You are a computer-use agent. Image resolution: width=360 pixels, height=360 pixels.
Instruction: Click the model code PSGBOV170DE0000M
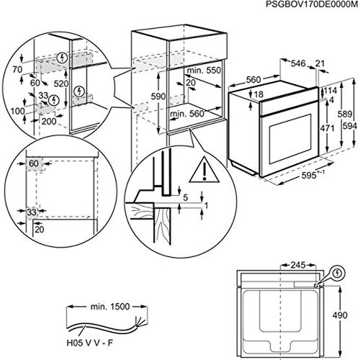click(312, 4)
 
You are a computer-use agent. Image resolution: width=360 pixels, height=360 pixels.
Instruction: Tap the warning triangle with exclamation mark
click(204, 169)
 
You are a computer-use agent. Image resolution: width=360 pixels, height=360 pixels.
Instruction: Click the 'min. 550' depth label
click(204, 71)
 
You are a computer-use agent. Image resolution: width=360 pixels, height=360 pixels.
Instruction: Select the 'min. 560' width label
click(187, 114)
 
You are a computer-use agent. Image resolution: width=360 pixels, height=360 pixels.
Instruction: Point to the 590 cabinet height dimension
click(158, 96)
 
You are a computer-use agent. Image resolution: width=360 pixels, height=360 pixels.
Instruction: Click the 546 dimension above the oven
click(298, 63)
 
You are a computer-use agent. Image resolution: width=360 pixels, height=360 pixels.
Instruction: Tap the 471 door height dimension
click(327, 128)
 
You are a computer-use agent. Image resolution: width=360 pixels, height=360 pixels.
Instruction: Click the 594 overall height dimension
click(350, 126)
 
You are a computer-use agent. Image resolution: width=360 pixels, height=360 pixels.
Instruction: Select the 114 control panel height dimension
click(330, 91)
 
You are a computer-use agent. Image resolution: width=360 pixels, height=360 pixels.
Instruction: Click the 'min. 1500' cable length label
click(110, 307)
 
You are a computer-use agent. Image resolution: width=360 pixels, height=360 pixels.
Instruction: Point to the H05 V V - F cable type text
click(89, 343)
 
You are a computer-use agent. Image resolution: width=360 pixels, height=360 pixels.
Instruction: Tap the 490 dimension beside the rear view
click(340, 315)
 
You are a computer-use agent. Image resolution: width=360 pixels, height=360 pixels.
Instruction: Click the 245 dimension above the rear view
click(298, 265)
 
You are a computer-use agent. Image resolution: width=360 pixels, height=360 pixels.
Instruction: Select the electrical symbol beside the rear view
click(338, 273)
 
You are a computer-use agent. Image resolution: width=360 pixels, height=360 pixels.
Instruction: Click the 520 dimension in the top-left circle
click(61, 84)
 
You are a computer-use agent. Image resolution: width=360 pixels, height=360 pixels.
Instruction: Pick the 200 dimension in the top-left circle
click(49, 122)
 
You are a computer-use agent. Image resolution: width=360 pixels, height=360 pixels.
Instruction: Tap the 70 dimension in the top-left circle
click(17, 70)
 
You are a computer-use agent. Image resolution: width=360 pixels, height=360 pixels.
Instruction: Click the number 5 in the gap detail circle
click(185, 198)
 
